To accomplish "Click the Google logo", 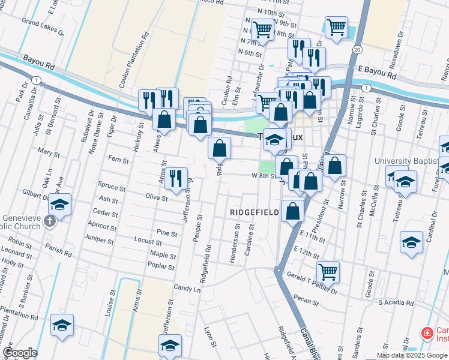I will tap(20, 353).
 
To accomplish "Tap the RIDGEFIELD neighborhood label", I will tap(255, 212).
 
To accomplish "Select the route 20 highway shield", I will tap(357, 49).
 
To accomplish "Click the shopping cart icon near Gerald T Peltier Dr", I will tap(328, 271).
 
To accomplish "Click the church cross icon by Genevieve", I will tap(50, 223).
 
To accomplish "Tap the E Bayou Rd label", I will tap(378, 73).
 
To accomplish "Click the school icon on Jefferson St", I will tap(170, 345).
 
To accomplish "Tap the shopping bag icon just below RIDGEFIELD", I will tap(292, 211).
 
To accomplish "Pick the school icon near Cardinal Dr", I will tap(411, 242).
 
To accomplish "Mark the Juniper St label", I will tap(100, 239).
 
